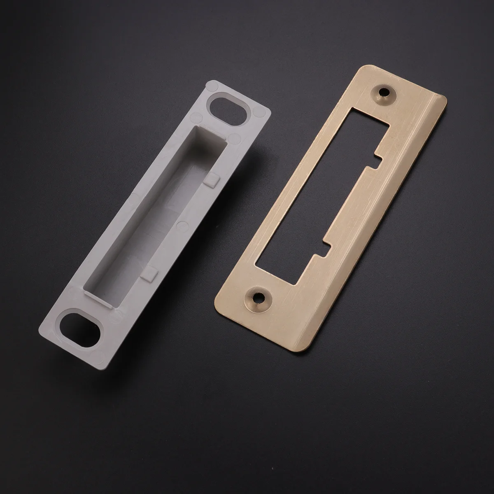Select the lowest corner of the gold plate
tap(307, 352)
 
